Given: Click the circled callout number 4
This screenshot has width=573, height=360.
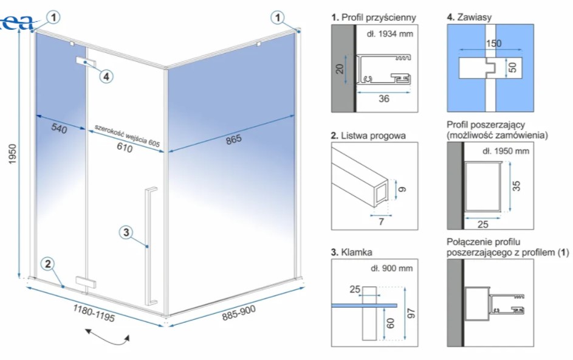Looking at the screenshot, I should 106,77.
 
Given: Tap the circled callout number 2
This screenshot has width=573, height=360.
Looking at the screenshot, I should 48,264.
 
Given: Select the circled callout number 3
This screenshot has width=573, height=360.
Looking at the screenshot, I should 126,232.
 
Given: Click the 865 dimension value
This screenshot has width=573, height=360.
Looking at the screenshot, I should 233,139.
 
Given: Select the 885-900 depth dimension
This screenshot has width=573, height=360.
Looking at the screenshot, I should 239,312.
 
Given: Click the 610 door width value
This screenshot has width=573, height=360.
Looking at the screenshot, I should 124,148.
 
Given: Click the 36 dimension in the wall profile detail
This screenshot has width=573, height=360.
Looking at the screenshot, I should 383,99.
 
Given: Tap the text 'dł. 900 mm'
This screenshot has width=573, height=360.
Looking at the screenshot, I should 391,268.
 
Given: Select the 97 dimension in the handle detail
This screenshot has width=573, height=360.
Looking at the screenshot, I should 411,314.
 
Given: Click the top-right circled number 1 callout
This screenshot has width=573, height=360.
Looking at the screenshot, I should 279,18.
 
